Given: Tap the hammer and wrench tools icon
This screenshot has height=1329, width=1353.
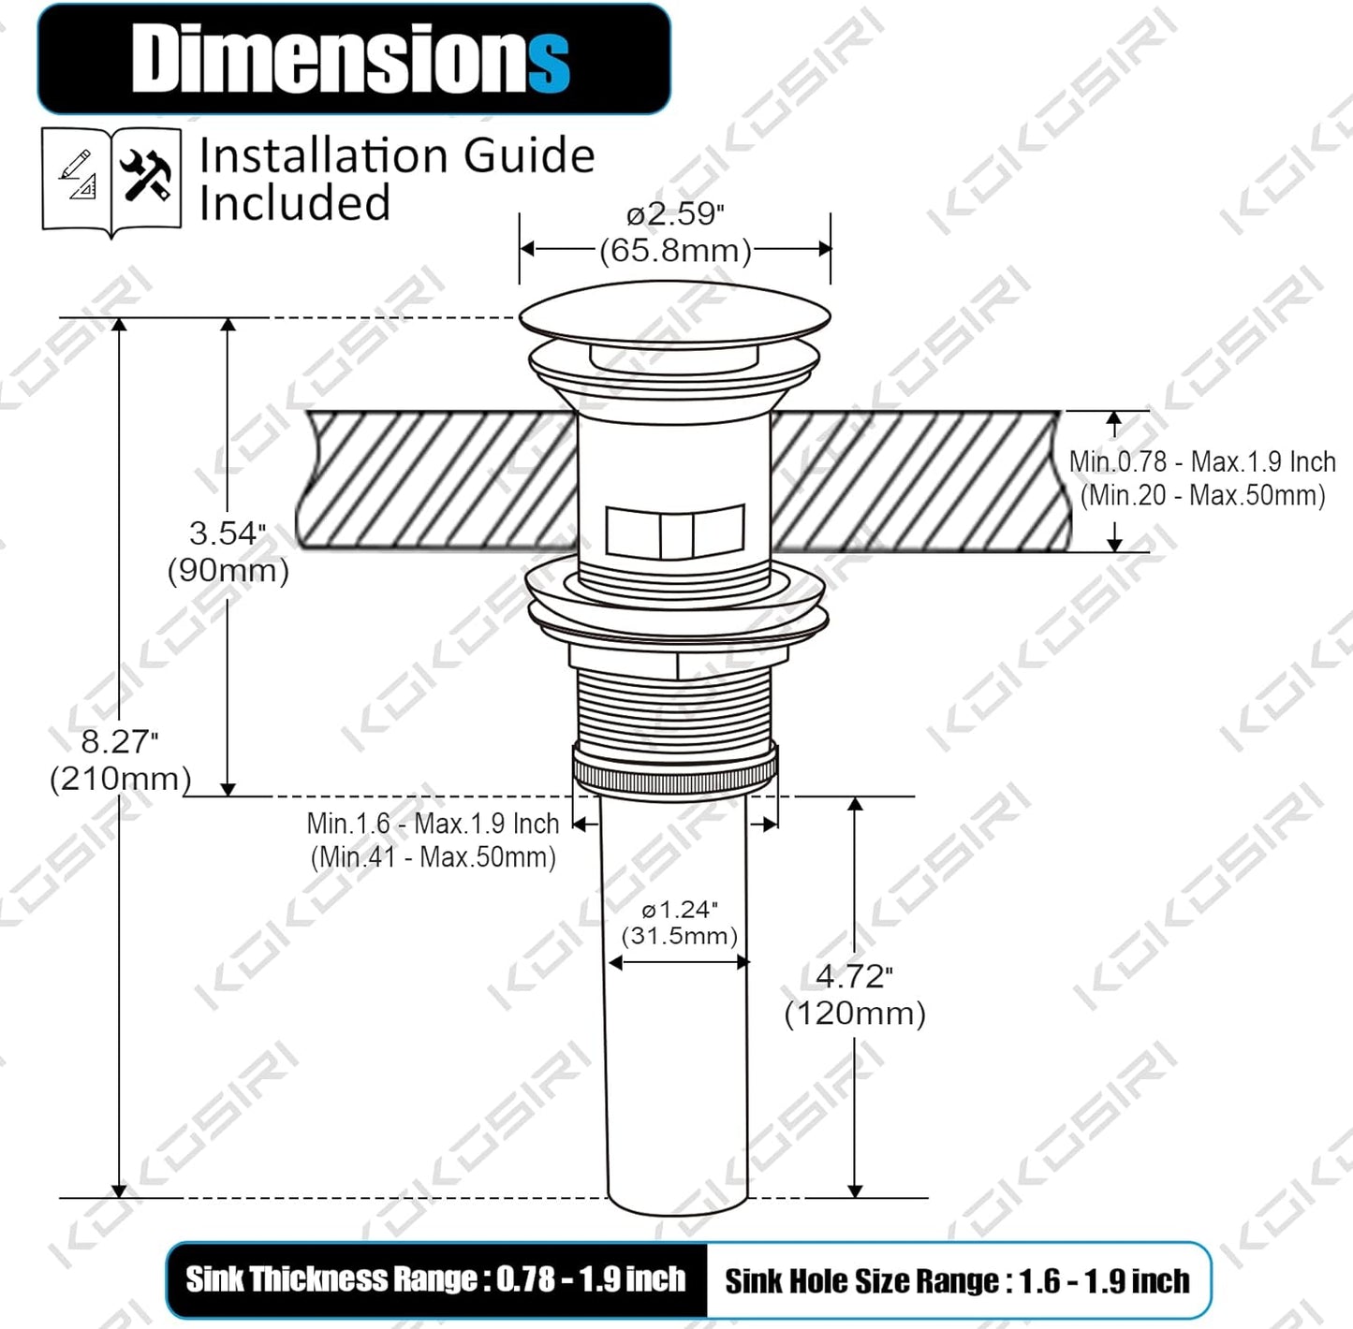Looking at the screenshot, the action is pyautogui.click(x=146, y=176).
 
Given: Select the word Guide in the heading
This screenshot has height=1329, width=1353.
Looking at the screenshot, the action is pyautogui.click(x=529, y=155).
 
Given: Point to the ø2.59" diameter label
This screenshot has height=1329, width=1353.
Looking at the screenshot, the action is pyautogui.click(x=675, y=214).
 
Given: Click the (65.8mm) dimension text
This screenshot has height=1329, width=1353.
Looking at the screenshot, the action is pyautogui.click(x=675, y=251).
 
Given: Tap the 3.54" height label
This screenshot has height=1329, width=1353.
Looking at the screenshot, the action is pyautogui.click(x=228, y=533).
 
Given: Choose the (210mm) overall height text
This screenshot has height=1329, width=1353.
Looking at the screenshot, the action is pyautogui.click(x=120, y=779).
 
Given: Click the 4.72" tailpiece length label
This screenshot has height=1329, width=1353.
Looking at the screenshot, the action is pyautogui.click(x=855, y=976).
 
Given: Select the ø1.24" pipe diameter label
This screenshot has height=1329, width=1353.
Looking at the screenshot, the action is pyautogui.click(x=680, y=910).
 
